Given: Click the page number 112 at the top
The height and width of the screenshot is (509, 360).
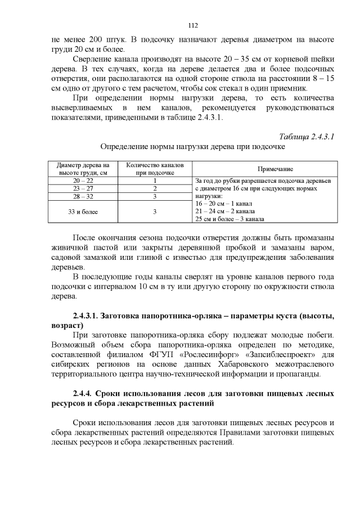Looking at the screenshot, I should pos(192,25).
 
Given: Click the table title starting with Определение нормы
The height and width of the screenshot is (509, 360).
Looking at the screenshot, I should pos(192,147).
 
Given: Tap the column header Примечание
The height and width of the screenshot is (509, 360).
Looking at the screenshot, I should pos(265,169).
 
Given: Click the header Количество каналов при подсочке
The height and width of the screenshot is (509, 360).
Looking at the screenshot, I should pos(155,169).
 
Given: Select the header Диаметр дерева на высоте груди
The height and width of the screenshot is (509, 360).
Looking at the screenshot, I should pos(83,169).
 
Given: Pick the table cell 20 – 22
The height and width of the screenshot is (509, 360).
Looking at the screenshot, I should pos(83,181).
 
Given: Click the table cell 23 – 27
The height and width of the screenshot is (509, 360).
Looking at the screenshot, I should pos(83,189).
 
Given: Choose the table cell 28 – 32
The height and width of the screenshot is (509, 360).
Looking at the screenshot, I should pos(83,197).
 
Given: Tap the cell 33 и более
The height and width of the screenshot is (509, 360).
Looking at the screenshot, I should pos(83,211).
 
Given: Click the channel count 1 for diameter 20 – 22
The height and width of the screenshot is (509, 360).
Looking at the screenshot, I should pos(155,181).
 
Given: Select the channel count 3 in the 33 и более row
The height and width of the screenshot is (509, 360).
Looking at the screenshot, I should pos(155,211).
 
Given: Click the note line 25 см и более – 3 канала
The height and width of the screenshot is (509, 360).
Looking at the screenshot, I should pos(229,219).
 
